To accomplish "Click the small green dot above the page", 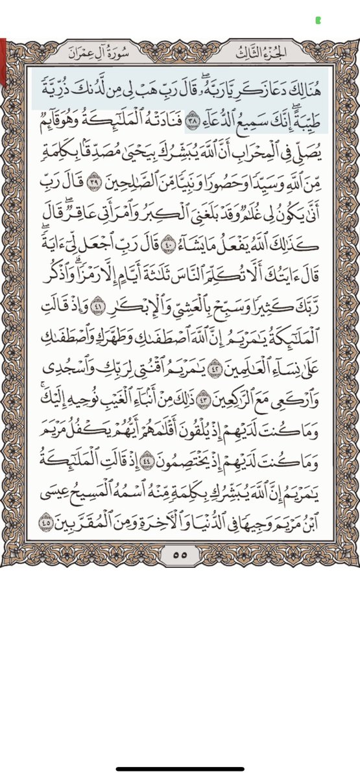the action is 317,20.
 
